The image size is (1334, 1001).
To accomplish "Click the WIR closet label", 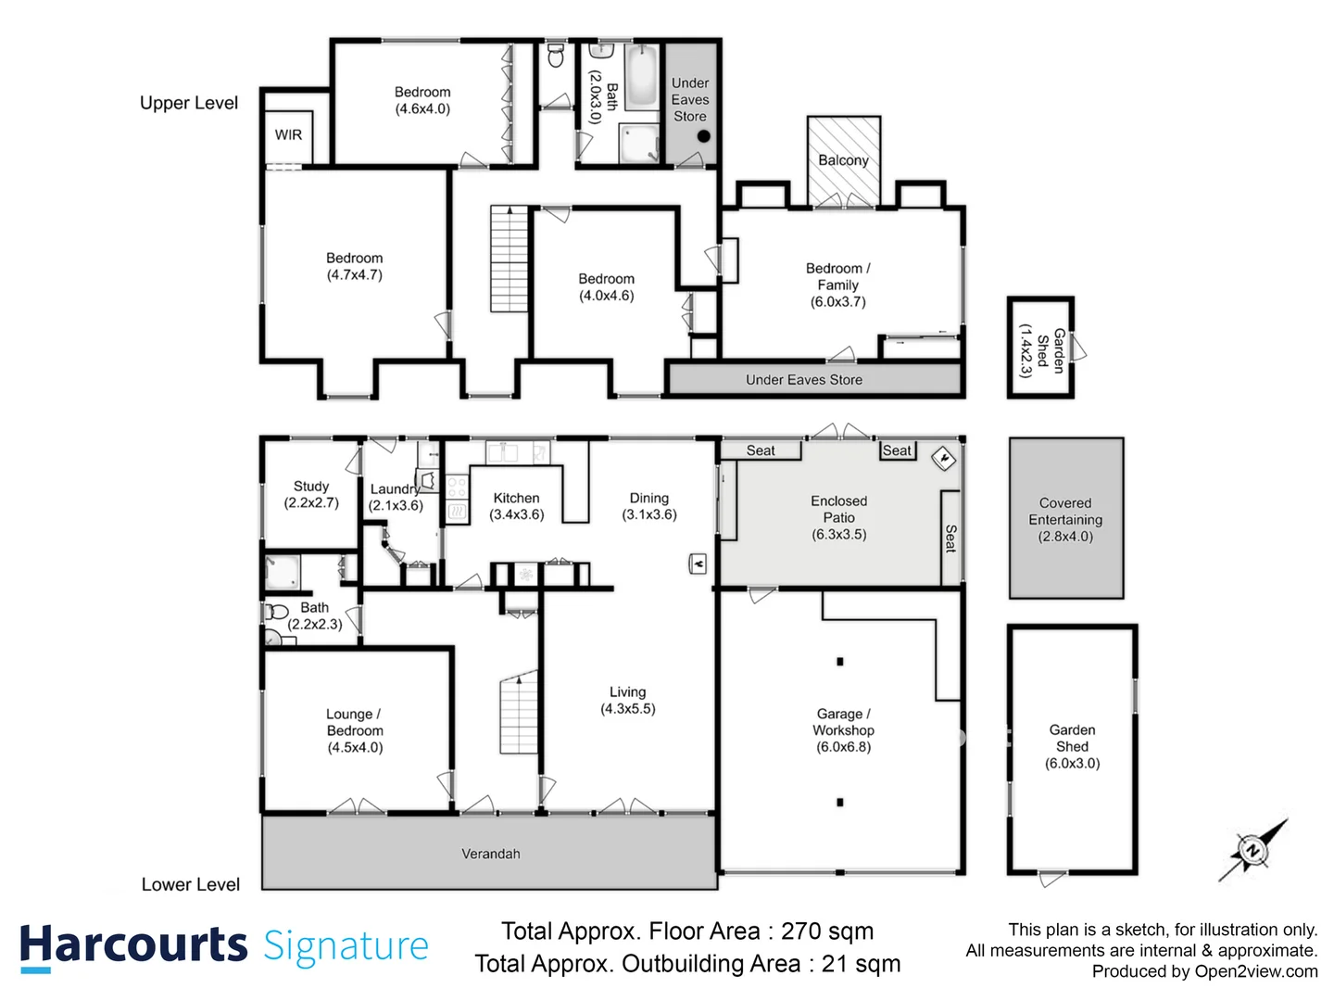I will click(x=288, y=135).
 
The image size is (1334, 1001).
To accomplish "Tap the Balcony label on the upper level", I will click(x=843, y=160).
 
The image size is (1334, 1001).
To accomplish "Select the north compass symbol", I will click(x=1252, y=850).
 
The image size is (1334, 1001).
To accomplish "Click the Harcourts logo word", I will click(x=133, y=946).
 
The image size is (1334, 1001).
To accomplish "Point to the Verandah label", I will click(x=491, y=854).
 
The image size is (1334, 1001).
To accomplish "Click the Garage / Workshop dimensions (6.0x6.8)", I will click(x=843, y=747).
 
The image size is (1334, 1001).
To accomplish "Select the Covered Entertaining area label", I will click(x=1065, y=519).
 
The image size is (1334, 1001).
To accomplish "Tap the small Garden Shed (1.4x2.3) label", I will click(x=1041, y=349).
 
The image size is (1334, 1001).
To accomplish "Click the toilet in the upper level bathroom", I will click(x=556, y=57).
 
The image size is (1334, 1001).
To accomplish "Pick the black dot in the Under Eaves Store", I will click(x=703, y=136).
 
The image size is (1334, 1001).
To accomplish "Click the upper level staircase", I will click(x=509, y=259).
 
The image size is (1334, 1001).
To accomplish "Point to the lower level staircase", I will click(x=519, y=714).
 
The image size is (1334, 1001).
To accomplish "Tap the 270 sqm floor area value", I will click(x=826, y=931).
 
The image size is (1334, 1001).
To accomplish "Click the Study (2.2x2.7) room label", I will click(x=311, y=494).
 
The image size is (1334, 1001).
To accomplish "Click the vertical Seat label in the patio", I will click(x=950, y=538).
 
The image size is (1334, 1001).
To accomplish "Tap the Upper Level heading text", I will click(x=189, y=103).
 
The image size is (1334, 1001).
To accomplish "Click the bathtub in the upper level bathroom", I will click(x=640, y=78).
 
